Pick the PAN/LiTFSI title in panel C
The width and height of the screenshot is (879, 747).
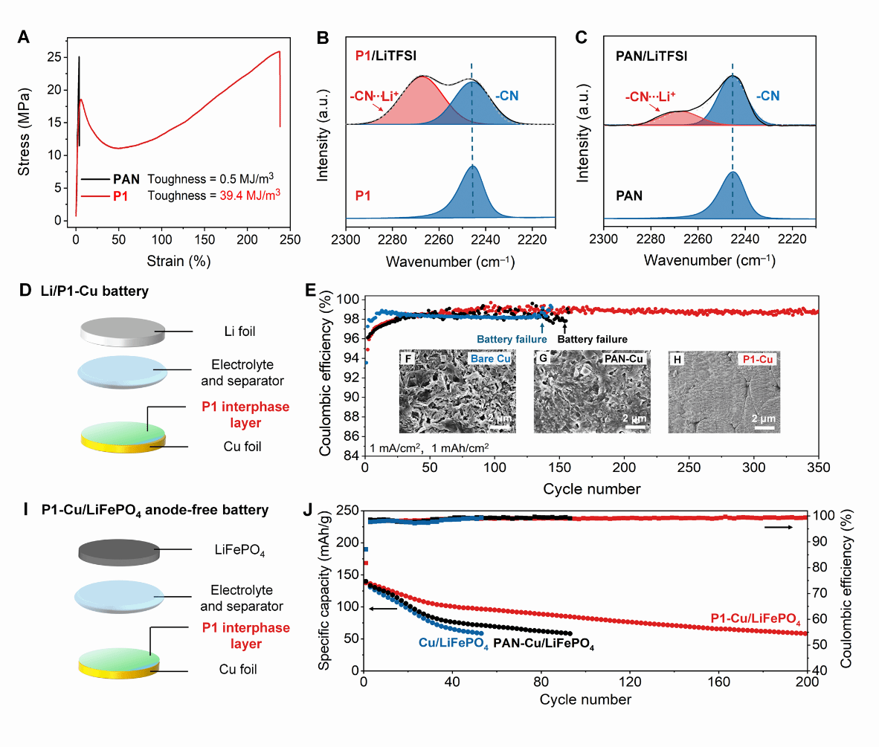tap(651, 56)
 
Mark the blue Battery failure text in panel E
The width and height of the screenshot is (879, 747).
tap(508, 339)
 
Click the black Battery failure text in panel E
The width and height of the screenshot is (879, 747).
tap(592, 339)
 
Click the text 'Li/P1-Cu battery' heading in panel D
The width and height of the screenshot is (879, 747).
tap(94, 291)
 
